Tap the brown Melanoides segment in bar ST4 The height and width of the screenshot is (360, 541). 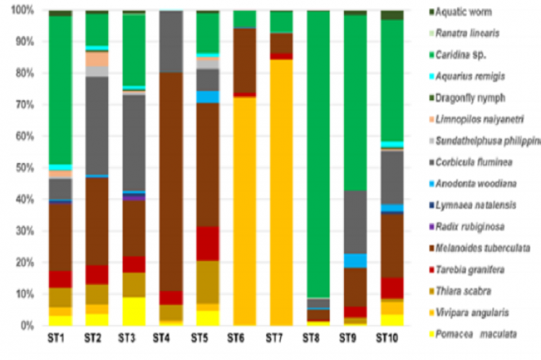[x=170, y=180]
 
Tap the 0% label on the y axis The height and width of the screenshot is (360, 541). [x=27, y=325]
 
